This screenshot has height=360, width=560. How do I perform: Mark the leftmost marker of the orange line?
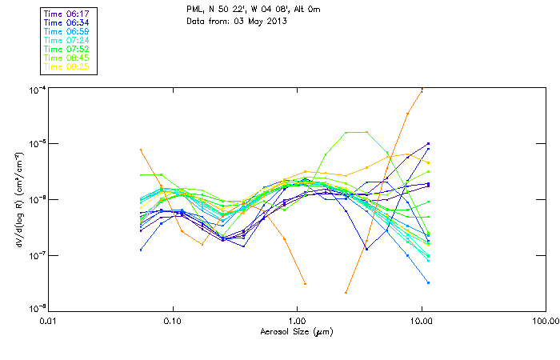(x=141, y=150)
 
